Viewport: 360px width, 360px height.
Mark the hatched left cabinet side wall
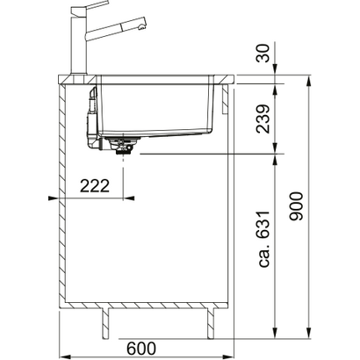point(64,193)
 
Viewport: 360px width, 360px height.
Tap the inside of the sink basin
point(158,105)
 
